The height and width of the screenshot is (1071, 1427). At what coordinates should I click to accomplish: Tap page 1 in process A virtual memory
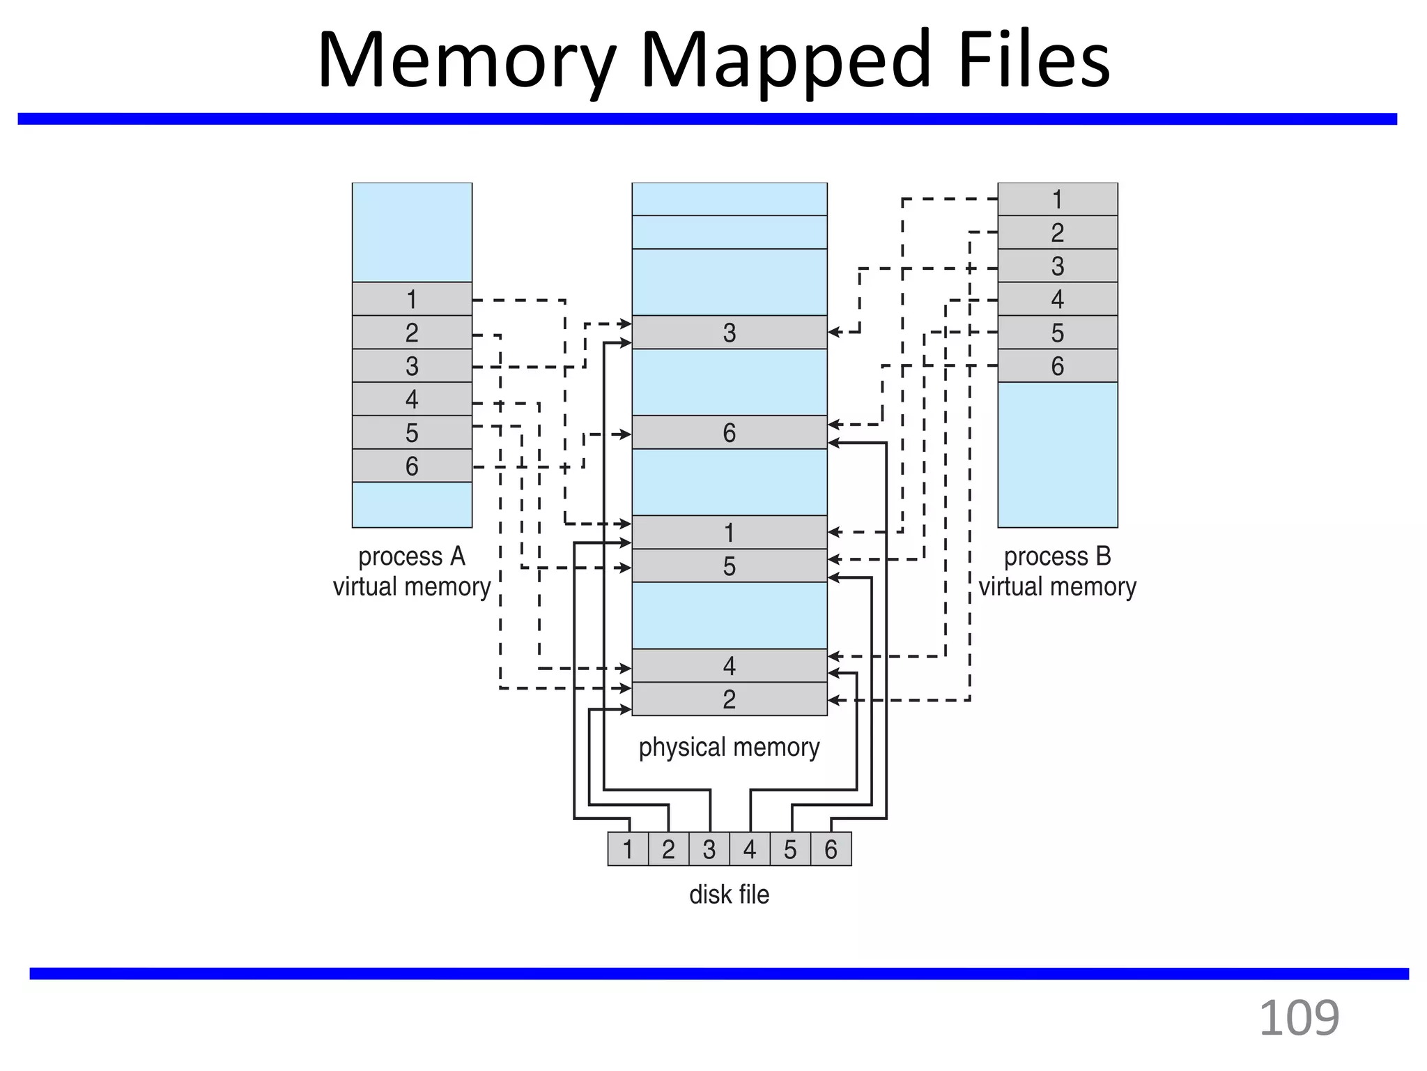click(412, 299)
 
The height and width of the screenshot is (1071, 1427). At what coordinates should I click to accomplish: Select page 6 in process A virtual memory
click(412, 466)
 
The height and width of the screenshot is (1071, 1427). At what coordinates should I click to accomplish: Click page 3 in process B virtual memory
click(1057, 266)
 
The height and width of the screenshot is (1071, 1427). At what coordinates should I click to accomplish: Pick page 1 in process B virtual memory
click(1057, 199)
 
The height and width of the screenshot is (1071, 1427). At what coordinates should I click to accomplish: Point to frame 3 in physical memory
click(729, 333)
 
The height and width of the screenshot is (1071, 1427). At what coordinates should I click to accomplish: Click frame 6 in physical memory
click(729, 433)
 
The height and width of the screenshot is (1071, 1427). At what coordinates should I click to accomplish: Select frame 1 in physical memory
click(729, 533)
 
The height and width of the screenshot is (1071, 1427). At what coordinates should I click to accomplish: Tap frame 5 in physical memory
click(729, 566)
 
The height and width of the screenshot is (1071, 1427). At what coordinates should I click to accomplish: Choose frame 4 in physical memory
click(729, 666)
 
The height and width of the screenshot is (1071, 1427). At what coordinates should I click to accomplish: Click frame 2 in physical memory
click(729, 699)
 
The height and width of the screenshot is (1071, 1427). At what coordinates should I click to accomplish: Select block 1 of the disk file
click(628, 849)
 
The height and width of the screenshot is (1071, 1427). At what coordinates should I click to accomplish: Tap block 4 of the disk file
click(750, 849)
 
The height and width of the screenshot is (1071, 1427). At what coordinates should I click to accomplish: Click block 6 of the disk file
click(831, 849)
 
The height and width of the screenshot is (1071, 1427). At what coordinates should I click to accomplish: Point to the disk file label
click(729, 895)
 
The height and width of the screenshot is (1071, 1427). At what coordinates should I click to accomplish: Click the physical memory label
click(729, 747)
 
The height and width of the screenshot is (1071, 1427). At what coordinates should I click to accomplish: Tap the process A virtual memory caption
click(412, 572)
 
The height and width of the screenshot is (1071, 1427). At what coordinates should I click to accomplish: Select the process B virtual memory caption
click(1057, 572)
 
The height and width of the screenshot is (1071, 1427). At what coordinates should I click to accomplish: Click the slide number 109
click(1299, 1019)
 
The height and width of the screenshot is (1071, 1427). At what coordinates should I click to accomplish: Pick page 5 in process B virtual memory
click(1057, 333)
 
